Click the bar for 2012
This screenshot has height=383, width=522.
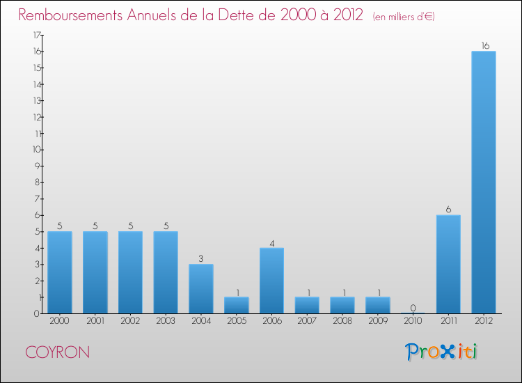[484, 182]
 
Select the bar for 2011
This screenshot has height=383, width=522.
[448, 264]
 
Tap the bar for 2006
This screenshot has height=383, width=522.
[271, 280]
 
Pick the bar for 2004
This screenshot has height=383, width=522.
[201, 288]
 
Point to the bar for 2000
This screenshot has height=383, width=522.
[60, 272]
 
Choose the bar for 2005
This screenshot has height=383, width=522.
[237, 305]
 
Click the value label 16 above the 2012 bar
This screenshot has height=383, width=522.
[485, 45]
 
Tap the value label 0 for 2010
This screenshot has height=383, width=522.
[413, 308]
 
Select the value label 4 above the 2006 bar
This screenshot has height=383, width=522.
[272, 242]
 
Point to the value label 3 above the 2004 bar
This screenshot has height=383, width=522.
[201, 258]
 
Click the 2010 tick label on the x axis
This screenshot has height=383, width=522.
[413, 322]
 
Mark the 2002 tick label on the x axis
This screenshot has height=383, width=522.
[131, 322]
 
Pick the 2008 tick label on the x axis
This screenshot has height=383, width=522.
[342, 322]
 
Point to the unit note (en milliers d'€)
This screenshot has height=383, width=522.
[404, 17]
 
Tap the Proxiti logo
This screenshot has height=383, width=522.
[442, 352]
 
